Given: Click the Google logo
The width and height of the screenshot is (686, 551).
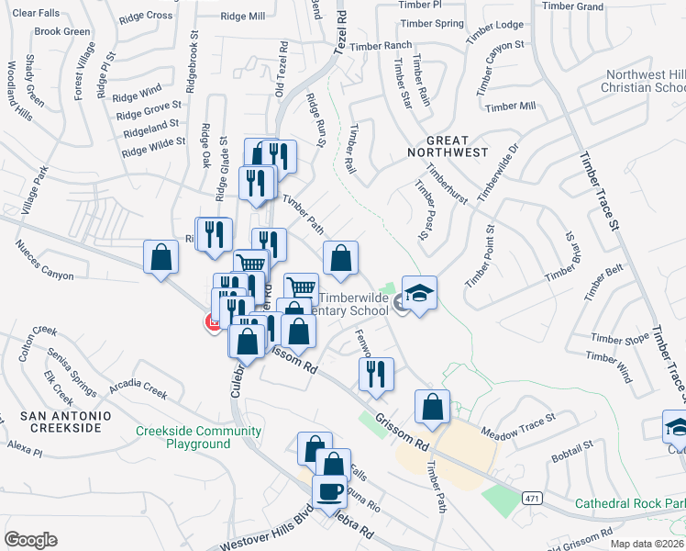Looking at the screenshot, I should [x=30, y=540].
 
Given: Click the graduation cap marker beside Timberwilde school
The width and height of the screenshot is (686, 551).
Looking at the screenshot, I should [x=419, y=294].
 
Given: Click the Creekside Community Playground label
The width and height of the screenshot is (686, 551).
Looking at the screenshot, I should [x=198, y=437].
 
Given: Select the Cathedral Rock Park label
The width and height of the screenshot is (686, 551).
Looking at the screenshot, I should [x=630, y=503].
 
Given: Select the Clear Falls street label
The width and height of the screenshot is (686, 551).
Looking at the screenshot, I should [x=37, y=13].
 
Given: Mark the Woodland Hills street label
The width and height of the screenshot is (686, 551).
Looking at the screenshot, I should [x=19, y=92].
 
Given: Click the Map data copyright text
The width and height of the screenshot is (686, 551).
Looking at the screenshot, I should [x=647, y=544].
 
